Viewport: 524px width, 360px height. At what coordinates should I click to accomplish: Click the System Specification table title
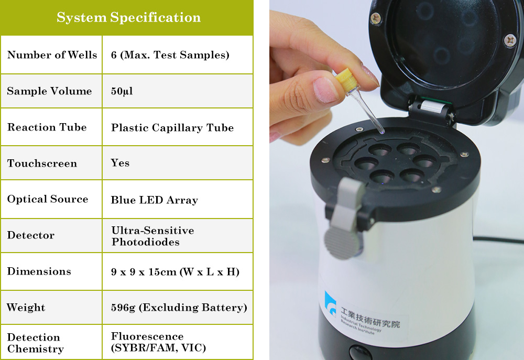[128, 18]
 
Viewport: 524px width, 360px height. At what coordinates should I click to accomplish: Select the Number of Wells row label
[52, 55]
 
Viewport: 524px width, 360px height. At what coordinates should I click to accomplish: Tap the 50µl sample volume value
[122, 91]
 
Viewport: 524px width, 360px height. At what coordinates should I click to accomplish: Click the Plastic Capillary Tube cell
[172, 127]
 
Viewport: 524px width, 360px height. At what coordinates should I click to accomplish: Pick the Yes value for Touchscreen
[120, 163]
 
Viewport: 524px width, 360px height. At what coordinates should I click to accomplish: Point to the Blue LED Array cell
[154, 200]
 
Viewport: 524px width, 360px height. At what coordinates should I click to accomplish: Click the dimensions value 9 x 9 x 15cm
[175, 271]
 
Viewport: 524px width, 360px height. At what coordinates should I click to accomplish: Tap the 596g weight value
[179, 308]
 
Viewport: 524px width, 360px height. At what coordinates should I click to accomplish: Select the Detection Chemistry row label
[35, 343]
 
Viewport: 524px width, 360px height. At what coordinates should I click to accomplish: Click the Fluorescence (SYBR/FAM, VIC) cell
[158, 342]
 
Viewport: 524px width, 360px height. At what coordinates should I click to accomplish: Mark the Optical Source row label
[48, 199]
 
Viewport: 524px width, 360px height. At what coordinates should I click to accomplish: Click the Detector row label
[30, 235]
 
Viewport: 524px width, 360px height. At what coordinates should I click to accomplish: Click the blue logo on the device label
[331, 304]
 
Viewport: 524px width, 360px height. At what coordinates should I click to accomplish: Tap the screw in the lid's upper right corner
[510, 40]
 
